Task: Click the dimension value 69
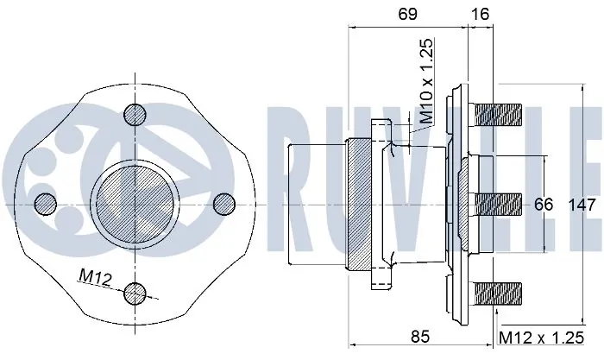tap(407, 15)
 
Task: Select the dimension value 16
tap(480, 15)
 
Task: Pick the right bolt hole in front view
tap(223, 203)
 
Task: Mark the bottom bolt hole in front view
tap(135, 293)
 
